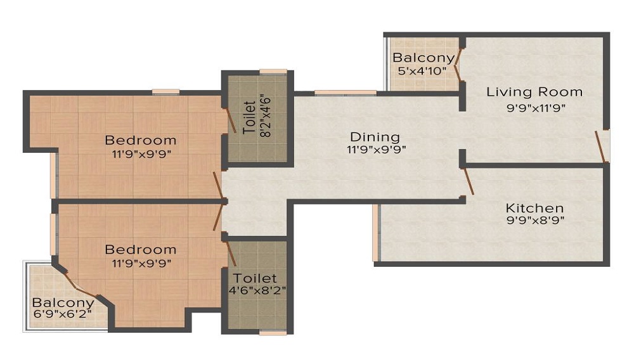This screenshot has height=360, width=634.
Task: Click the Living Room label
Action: [x=534, y=92]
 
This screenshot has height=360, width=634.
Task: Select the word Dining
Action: [x=375, y=136]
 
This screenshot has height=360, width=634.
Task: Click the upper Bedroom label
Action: [x=140, y=140]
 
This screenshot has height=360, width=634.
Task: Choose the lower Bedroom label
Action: [x=140, y=249]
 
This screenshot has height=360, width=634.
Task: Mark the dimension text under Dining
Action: [x=375, y=150]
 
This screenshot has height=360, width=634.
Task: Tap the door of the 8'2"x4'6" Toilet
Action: [x=230, y=120]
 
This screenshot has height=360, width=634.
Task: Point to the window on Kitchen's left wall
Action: [x=376, y=232]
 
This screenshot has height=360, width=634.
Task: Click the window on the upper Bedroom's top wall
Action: [x=165, y=93]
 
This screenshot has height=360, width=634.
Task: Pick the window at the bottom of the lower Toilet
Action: [x=273, y=331]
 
